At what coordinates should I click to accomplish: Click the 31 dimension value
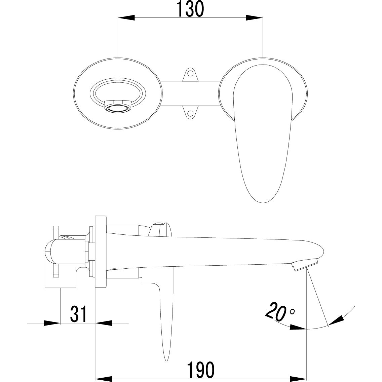pos(78,314)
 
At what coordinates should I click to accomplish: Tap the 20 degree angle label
pos(275,311)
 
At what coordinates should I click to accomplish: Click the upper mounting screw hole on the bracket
pos(190,72)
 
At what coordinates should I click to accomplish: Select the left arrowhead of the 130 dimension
pos(126,18)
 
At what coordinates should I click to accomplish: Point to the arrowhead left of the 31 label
pos(52,323)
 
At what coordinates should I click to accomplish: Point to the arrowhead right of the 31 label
pos(104,323)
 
